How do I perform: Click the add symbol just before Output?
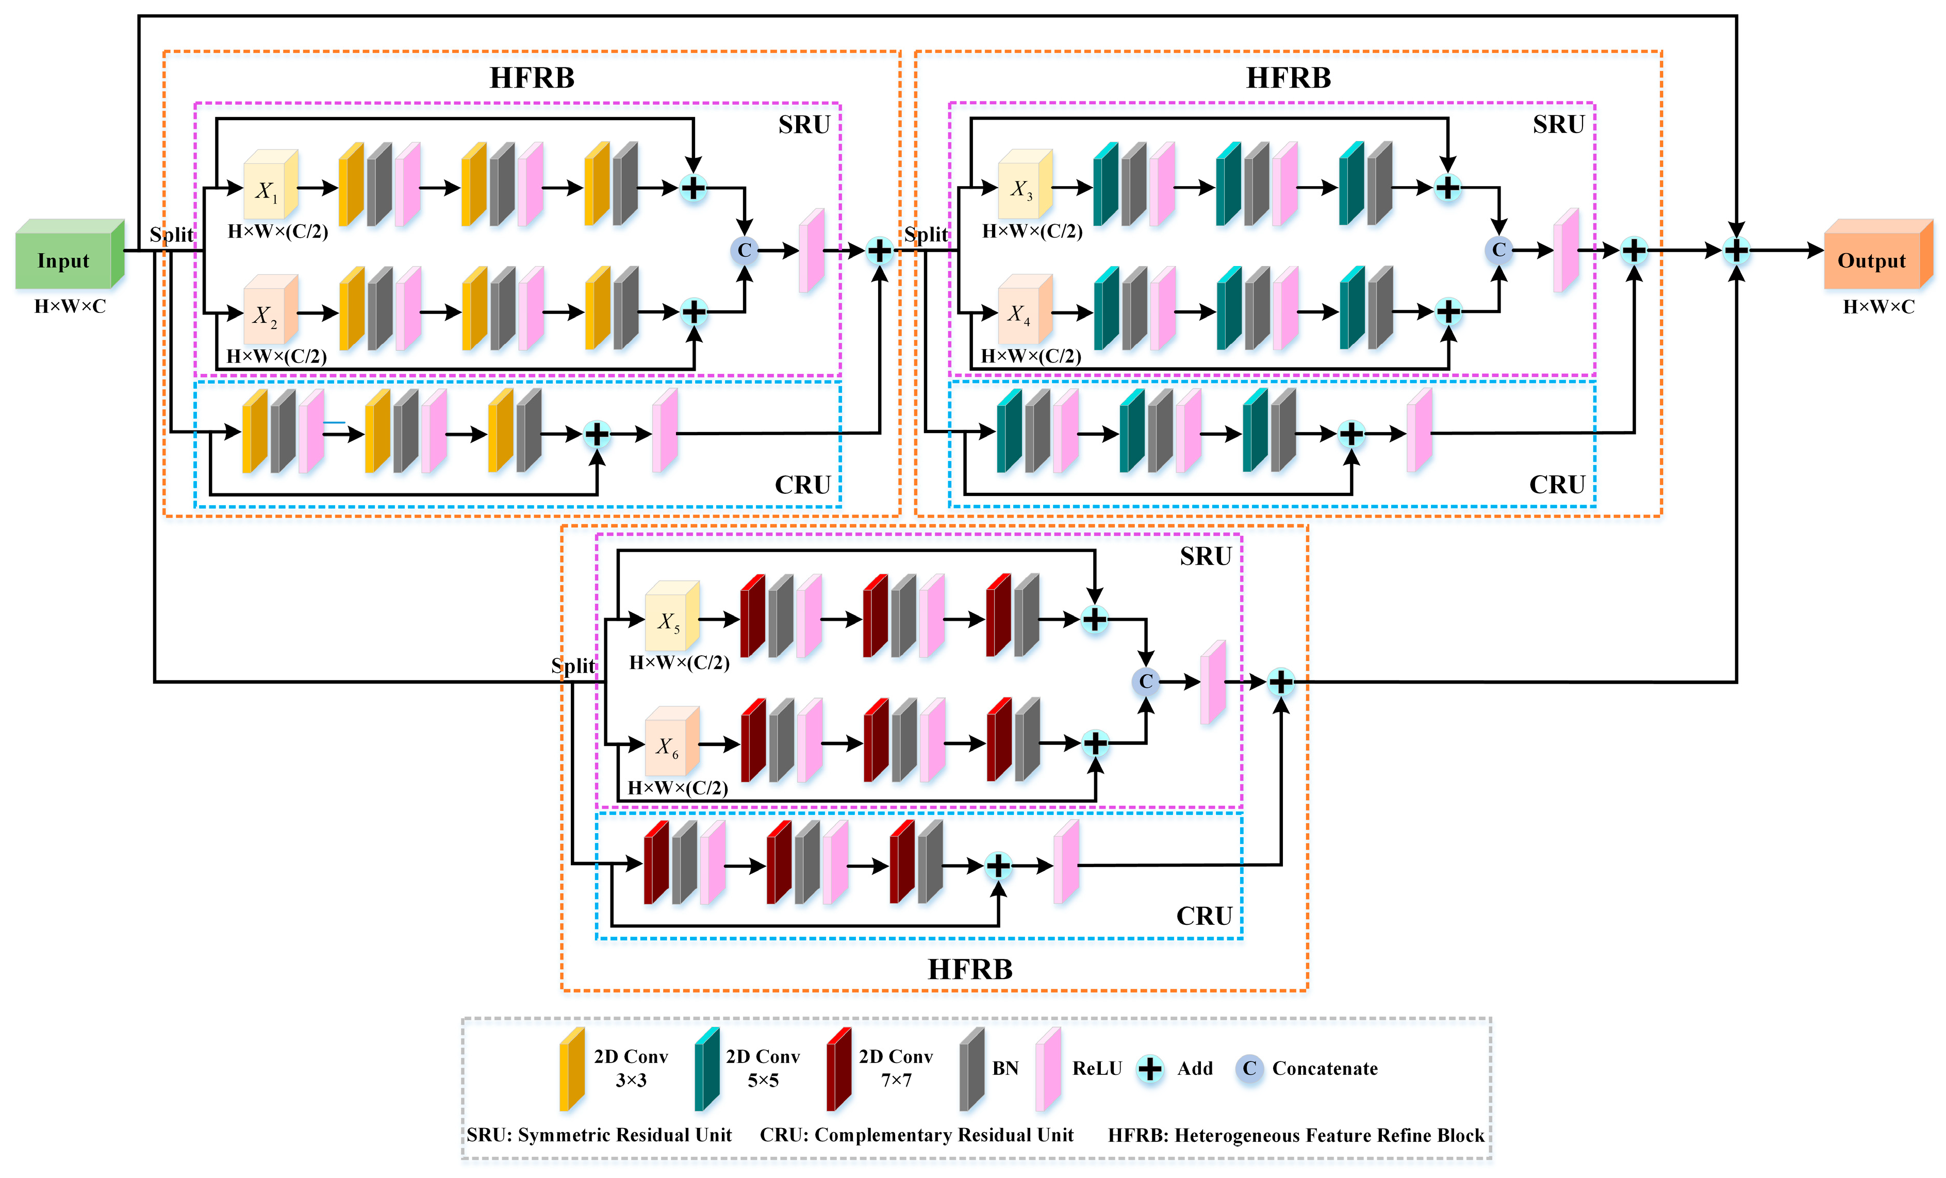coord(1736,251)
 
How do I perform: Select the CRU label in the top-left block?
coord(802,485)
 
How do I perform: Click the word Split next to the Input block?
coord(171,235)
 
